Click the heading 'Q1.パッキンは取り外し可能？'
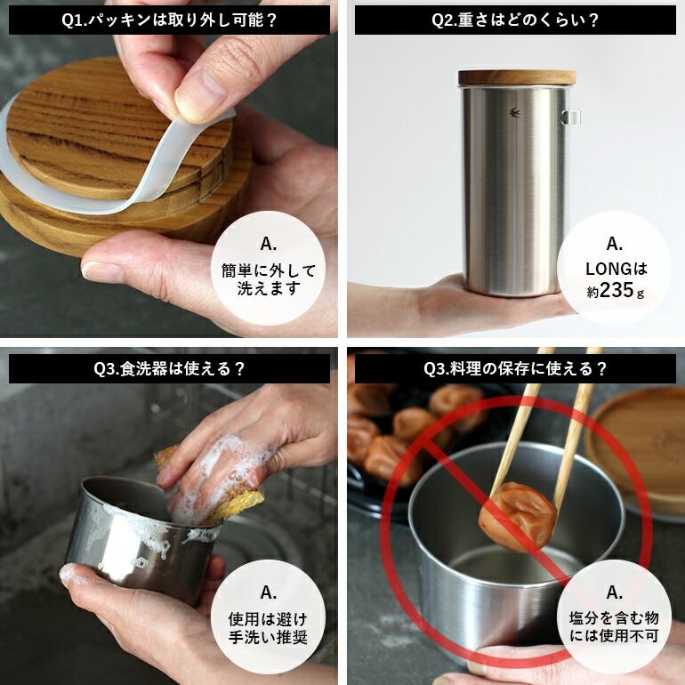[x=170, y=20]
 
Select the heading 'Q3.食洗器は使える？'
[x=170, y=367]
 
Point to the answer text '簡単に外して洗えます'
[x=269, y=279]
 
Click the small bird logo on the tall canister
[x=514, y=114]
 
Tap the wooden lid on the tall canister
[x=517, y=77]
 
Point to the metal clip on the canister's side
[x=572, y=116]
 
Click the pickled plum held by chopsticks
[x=516, y=512]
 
